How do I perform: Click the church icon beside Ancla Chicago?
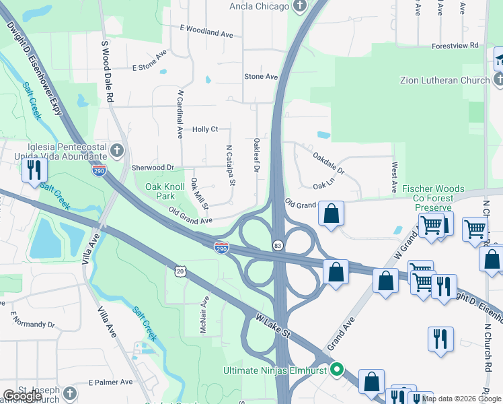(300, 7)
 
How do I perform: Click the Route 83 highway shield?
(277, 244)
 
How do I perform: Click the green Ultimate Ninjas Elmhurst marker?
(338, 369)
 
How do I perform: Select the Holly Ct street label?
(205, 129)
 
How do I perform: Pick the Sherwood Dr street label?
(153, 168)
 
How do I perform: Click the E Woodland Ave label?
(206, 32)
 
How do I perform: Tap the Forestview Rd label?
(455, 45)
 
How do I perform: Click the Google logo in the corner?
(22, 396)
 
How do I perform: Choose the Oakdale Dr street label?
(328, 162)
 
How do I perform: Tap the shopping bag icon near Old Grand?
(331, 214)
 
